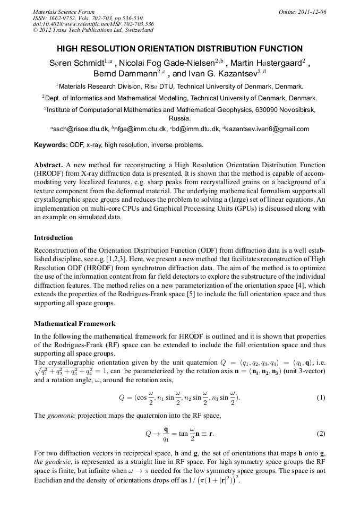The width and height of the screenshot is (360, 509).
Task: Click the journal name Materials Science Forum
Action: pos(64,12)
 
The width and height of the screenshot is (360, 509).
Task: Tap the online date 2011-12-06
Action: pos(310,12)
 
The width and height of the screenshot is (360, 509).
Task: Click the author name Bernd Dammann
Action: pos(127,74)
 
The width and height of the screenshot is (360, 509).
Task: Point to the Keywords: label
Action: pos(50,144)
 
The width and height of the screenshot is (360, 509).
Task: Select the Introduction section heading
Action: pos(53,237)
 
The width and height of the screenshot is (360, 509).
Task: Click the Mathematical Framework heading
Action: pos(74,323)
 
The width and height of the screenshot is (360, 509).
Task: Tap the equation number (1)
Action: pos(320,398)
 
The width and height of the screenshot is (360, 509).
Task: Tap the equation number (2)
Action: pos(320,434)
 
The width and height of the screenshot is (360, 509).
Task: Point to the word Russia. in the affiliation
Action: pos(179,119)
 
